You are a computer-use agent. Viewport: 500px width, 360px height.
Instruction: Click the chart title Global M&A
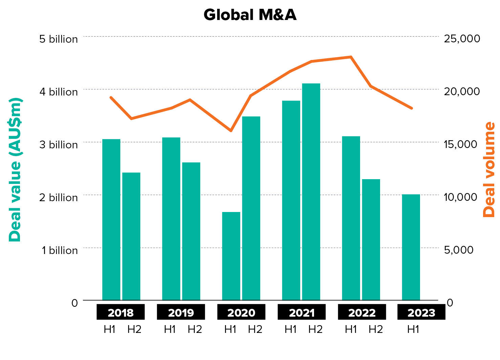pos(250,15)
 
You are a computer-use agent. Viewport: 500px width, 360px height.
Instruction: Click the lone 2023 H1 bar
pos(411,247)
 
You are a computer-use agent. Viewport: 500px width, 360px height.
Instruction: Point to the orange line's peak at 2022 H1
pos(351,57)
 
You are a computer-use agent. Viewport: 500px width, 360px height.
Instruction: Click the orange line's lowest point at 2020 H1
pos(231,131)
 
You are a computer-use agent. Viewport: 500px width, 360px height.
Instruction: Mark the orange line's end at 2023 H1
pos(412,108)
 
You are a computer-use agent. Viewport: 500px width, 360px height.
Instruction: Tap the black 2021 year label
pos(301,312)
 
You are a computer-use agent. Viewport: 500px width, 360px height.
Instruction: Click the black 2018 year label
pos(121,312)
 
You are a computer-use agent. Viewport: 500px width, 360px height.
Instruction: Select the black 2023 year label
pos(421,312)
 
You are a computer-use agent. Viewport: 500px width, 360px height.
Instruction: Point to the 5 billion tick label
pos(58,39)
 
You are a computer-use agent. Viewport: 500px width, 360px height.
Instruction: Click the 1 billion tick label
pos(60,250)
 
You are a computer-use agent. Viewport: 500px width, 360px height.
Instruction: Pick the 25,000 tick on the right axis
pos(462,38)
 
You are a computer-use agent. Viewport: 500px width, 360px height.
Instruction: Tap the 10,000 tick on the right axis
pos(460,197)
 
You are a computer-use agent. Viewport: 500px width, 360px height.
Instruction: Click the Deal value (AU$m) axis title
pos(15,169)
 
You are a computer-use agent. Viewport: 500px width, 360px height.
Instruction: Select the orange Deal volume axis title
pos(489,169)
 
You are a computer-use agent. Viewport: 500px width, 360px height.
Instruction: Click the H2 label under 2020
pos(255,329)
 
